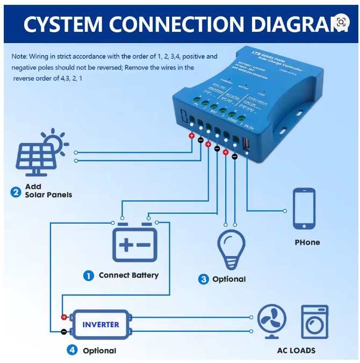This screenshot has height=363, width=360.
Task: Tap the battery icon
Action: (134, 244)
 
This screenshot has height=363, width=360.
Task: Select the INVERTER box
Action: (100, 324)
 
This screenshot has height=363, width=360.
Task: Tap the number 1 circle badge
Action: (88, 275)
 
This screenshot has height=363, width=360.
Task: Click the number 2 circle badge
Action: (16, 190)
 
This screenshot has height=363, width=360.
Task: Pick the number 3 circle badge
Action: (203, 279)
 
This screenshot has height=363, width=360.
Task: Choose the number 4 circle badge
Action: (72, 350)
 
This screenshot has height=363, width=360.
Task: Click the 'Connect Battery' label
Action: (128, 275)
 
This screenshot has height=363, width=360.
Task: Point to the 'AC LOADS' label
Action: (296, 351)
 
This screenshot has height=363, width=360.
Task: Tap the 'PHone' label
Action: (307, 243)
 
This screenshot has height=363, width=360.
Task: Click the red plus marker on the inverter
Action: (64, 317)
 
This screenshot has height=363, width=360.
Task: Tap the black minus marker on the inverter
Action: (64, 331)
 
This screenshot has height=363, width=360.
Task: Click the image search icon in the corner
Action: (341, 22)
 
